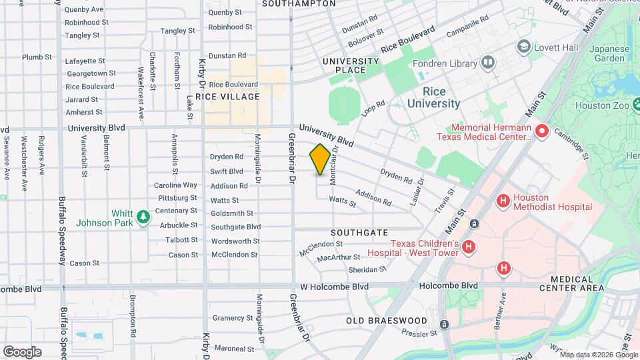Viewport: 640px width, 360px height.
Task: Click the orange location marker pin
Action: (x=320, y=159)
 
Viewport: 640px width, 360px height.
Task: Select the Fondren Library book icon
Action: (x=488, y=63)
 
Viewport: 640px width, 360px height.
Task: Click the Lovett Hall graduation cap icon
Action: (x=524, y=47)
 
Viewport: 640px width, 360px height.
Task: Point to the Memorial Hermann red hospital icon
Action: (x=541, y=131)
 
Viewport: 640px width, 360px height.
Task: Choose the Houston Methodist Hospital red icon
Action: (x=503, y=200)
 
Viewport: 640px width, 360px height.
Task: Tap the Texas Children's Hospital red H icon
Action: (x=469, y=248)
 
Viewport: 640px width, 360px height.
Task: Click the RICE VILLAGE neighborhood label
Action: (x=227, y=97)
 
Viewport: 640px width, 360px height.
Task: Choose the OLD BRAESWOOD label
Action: (x=386, y=321)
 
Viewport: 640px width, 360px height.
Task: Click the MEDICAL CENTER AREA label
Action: (x=577, y=284)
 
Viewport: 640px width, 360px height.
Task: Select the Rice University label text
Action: (x=433, y=97)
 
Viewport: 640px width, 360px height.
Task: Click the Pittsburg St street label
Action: (x=177, y=198)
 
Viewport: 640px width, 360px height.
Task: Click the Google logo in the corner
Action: (x=22, y=351)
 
